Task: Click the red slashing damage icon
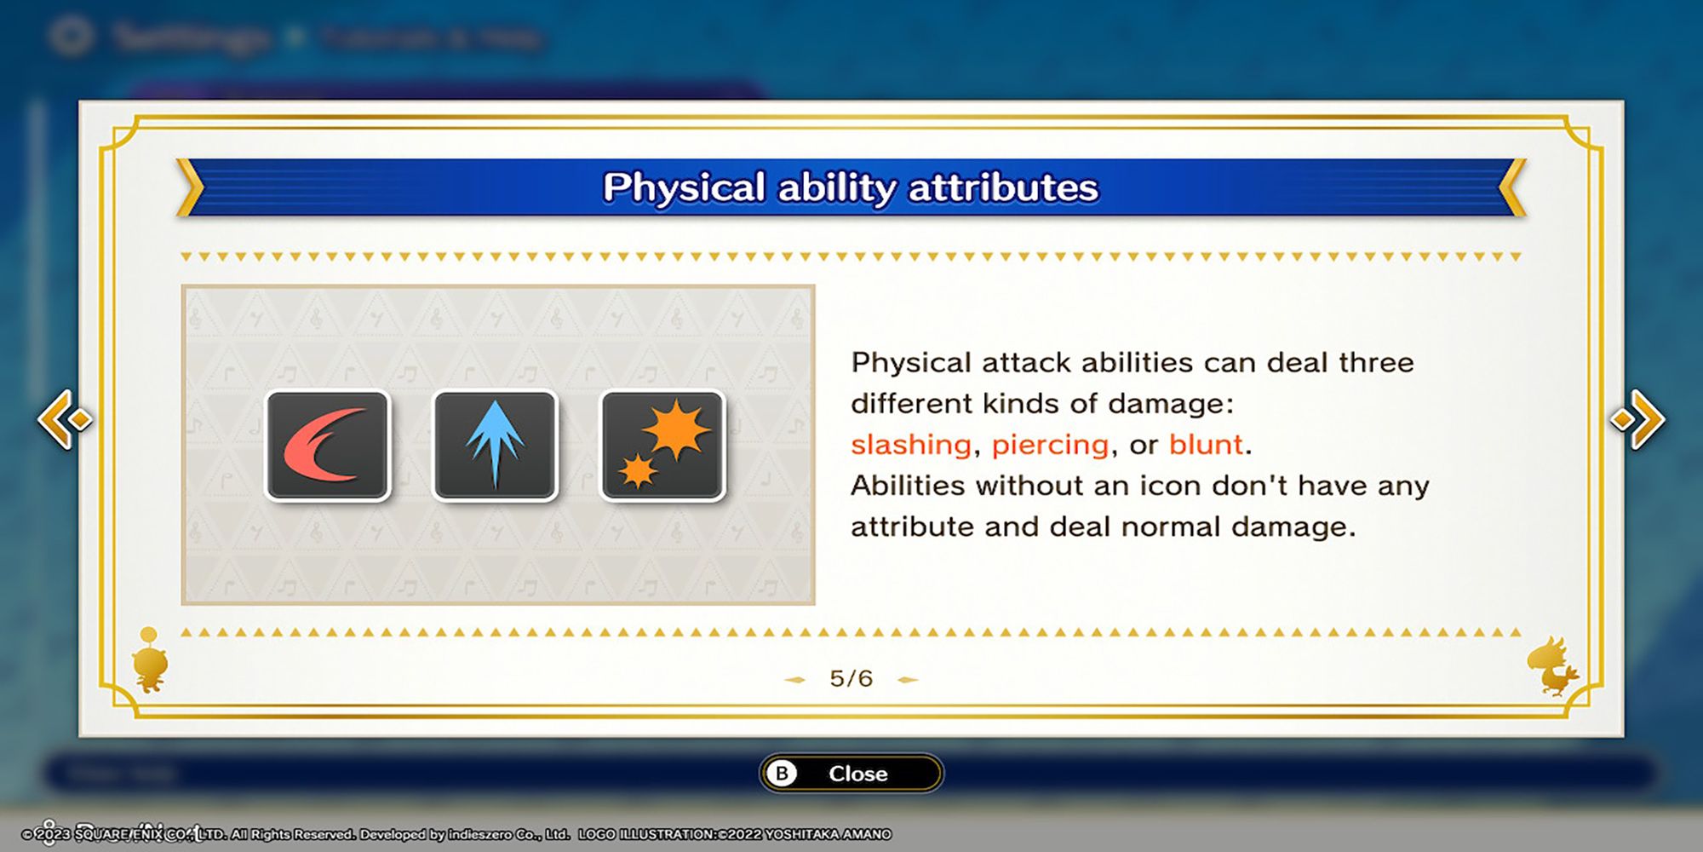tap(328, 446)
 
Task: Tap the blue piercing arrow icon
tap(495, 446)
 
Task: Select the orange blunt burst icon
tap(662, 446)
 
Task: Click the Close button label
tap(857, 774)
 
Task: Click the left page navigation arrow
tap(65, 418)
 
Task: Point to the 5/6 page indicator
tap(851, 678)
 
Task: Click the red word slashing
tap(910, 445)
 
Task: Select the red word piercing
tap(1050, 445)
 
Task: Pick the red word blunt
tap(1206, 445)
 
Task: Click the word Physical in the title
tap(684, 187)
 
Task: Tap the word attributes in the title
tap(1004, 187)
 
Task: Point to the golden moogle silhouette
tap(151, 660)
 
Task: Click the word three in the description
tap(1376, 363)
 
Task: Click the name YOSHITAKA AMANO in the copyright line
tap(828, 834)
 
